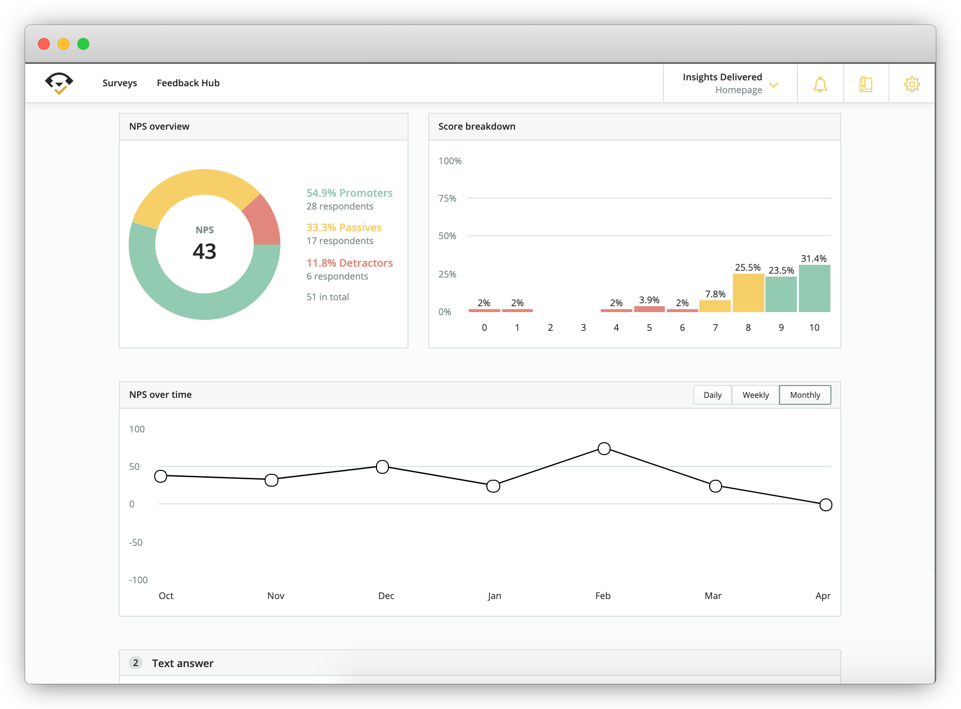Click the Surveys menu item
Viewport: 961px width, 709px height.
pyautogui.click(x=120, y=83)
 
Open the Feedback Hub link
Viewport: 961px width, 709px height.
pyautogui.click(x=188, y=83)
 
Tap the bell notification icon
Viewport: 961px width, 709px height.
pyautogui.click(x=820, y=84)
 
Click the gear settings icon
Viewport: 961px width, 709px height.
pyautogui.click(x=912, y=84)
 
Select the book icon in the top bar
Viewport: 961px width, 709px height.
pyautogui.click(x=866, y=84)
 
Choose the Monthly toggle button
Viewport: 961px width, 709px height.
pyautogui.click(x=805, y=395)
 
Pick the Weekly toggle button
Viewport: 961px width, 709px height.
pyautogui.click(x=755, y=395)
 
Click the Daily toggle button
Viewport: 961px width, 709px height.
pyautogui.click(x=713, y=395)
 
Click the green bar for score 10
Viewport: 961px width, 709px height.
pyautogui.click(x=814, y=288)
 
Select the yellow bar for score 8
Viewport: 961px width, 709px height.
pyautogui.click(x=748, y=293)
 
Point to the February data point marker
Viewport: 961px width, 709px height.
pyautogui.click(x=604, y=449)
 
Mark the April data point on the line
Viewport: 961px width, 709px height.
pyautogui.click(x=826, y=505)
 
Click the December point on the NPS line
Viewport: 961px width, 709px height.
pyautogui.click(x=382, y=467)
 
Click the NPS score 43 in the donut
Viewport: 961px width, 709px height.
pyautogui.click(x=205, y=251)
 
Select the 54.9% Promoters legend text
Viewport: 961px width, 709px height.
pyautogui.click(x=349, y=193)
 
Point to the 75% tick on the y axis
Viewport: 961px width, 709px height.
pyautogui.click(x=447, y=198)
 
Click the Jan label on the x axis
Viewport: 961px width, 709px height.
pyautogui.click(x=494, y=596)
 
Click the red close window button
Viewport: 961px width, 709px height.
pyautogui.click(x=44, y=44)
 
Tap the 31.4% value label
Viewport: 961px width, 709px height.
pyautogui.click(x=814, y=258)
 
